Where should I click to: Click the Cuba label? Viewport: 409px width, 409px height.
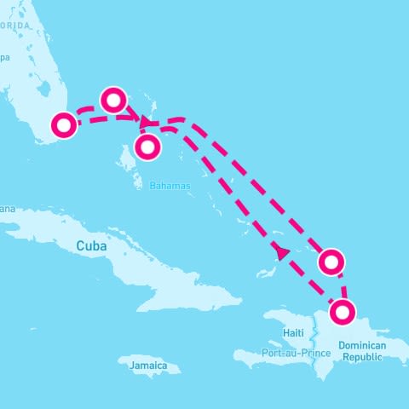[x=93, y=245]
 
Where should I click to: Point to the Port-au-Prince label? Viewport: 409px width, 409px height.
[x=297, y=352]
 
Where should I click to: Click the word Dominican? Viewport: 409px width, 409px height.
[x=362, y=345]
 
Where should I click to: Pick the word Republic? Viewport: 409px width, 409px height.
[x=364, y=358]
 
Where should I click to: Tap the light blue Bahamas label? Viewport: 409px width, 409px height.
[x=170, y=185]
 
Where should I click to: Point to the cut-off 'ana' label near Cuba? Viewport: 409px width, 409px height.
[x=8, y=209]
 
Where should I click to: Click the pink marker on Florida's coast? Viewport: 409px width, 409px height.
[x=63, y=125]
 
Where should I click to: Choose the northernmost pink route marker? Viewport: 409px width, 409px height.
[x=114, y=100]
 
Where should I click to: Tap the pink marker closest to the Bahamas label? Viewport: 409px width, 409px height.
[x=147, y=147]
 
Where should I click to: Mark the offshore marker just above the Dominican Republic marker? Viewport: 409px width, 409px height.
[x=331, y=262]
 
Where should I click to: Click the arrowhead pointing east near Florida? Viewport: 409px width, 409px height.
[x=144, y=120]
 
